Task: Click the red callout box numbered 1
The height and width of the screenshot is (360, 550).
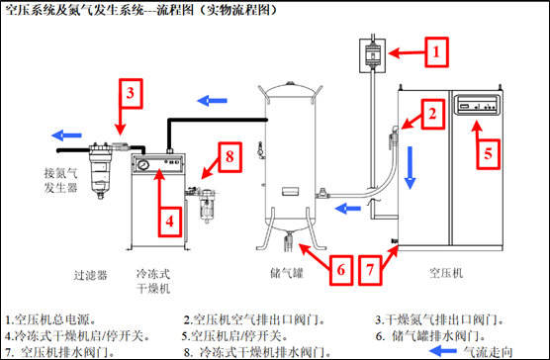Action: coord(436,52)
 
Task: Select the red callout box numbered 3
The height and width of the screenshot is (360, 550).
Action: coord(131,94)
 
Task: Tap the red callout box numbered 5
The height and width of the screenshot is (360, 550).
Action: coord(489,154)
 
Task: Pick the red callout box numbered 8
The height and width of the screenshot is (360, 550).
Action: coord(230,157)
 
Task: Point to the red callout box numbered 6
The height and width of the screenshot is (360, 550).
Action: coord(341,270)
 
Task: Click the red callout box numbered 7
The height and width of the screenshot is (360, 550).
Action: coord(370,270)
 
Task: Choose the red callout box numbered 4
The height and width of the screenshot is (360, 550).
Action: coord(170,222)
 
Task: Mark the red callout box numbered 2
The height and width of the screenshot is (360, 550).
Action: coord(433,114)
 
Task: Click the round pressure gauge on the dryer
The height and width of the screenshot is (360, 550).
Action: coord(143,164)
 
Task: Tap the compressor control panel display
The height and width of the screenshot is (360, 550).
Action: coord(477,105)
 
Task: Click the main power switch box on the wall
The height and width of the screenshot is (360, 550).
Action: coord(373,55)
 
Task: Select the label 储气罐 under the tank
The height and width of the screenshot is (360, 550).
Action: coord(287,273)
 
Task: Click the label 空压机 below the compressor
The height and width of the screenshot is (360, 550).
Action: coord(446,273)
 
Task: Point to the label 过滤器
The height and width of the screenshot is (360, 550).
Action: coord(90,275)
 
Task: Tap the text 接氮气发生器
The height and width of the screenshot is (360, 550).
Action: coord(60,180)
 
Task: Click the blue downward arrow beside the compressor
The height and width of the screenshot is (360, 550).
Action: coord(410,168)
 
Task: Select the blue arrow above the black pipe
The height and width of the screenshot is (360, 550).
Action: coord(213,101)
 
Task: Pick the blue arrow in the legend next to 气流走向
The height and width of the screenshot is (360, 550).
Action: coord(442,350)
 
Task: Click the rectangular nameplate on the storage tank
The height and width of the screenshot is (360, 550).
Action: coord(291,191)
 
